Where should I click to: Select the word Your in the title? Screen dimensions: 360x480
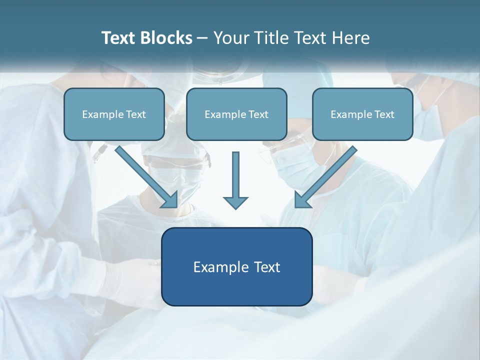pyautogui.click(x=230, y=38)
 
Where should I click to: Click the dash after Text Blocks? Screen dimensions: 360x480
pyautogui.click(x=202, y=38)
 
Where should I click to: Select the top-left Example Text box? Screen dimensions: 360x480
pyautogui.click(x=114, y=114)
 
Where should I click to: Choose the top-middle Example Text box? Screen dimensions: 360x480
pyautogui.click(x=236, y=114)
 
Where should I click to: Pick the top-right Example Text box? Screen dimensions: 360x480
pyautogui.click(x=362, y=114)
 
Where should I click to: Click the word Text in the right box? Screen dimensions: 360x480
pyautogui.click(x=384, y=114)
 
